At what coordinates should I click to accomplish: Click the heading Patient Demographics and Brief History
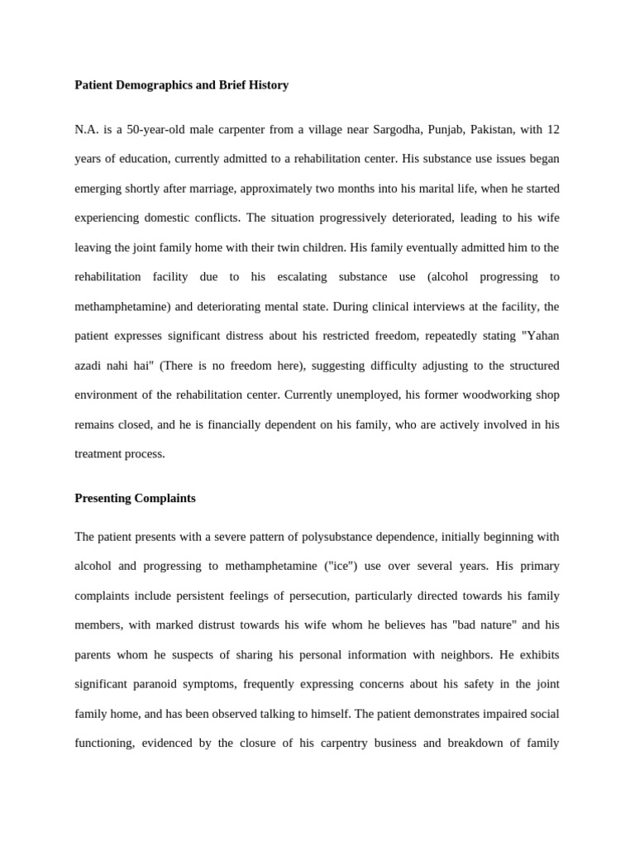tap(181, 85)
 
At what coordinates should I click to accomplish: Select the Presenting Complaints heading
tap(135, 498)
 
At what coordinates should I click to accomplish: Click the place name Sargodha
tap(396, 130)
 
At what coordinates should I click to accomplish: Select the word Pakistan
tap(500, 130)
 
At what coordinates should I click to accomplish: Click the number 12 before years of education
tap(552, 130)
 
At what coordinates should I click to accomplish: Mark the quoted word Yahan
tap(542, 336)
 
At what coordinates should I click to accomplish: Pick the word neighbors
tap(458, 654)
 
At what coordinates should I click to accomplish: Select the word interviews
tap(427, 306)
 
